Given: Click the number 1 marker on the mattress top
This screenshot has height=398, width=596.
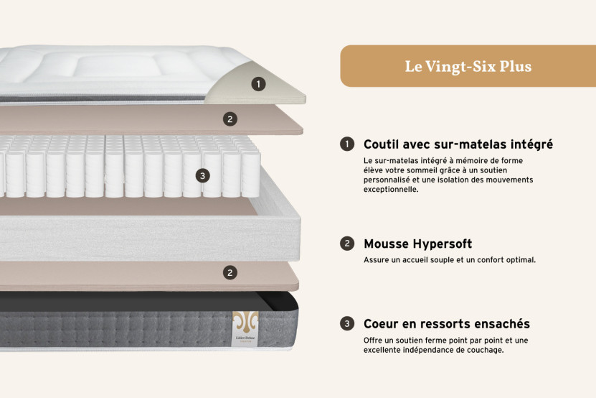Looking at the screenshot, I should pos(258,84).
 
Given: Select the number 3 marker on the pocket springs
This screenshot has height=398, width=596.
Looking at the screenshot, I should pos(203,175).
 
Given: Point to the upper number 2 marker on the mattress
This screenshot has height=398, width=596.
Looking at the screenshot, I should pos(230,119).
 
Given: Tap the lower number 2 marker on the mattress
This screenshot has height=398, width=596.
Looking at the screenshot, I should pos(230,272).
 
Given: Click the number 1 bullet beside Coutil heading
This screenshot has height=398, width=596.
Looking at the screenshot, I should pos(347,144).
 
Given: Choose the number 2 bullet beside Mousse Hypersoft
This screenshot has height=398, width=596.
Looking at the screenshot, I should pos(347,244).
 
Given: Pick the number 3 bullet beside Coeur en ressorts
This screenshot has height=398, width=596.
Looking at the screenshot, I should pos(347,324).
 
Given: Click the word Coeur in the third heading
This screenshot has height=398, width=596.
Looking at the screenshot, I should pos(382,325).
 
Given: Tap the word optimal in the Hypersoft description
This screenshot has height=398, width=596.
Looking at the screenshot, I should pos(519,260).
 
